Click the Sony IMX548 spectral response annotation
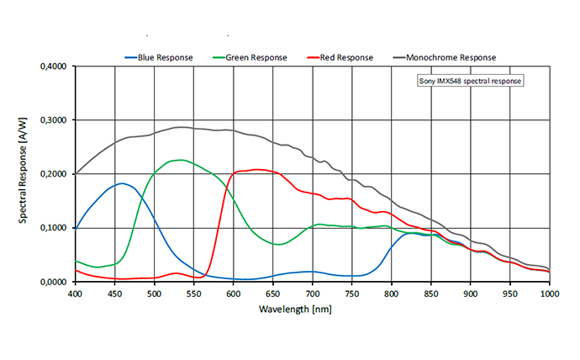[x=470, y=82]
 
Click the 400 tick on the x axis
[x=75, y=294]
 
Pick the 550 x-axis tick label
[x=193, y=294]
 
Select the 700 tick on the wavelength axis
[x=313, y=294]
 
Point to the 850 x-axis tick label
[x=431, y=294]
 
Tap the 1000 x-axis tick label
[x=549, y=294]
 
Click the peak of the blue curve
[x=123, y=183]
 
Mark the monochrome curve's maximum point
[x=180, y=127]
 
